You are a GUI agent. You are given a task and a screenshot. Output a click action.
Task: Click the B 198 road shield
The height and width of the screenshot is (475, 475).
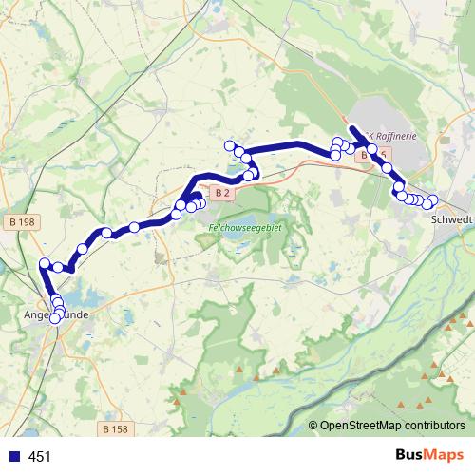pyautogui.click(x=26, y=222)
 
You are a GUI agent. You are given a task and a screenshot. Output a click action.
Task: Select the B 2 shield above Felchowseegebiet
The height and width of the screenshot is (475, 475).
pyautogui.click(x=222, y=194)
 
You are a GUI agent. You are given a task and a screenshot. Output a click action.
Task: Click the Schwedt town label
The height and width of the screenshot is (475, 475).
pyautogui.click(x=451, y=218)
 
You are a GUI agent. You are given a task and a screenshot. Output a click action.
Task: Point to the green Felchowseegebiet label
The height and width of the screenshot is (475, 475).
pyautogui.click(x=246, y=229)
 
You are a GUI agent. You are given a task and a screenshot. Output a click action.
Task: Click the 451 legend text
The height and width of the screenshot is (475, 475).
pyautogui.click(x=40, y=457)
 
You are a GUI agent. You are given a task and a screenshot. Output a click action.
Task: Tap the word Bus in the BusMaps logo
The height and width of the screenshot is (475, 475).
pyautogui.click(x=410, y=456)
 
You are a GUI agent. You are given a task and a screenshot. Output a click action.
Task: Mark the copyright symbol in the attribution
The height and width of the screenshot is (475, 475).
pyautogui.click(x=313, y=426)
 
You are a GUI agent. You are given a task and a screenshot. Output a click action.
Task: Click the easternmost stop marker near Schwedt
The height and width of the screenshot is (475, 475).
pyautogui.click(x=433, y=200)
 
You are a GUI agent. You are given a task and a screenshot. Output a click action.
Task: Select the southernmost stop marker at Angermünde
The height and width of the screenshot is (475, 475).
pyautogui.click(x=54, y=318)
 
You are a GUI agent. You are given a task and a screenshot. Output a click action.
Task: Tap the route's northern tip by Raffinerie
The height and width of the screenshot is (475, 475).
pyautogui.click(x=352, y=129)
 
